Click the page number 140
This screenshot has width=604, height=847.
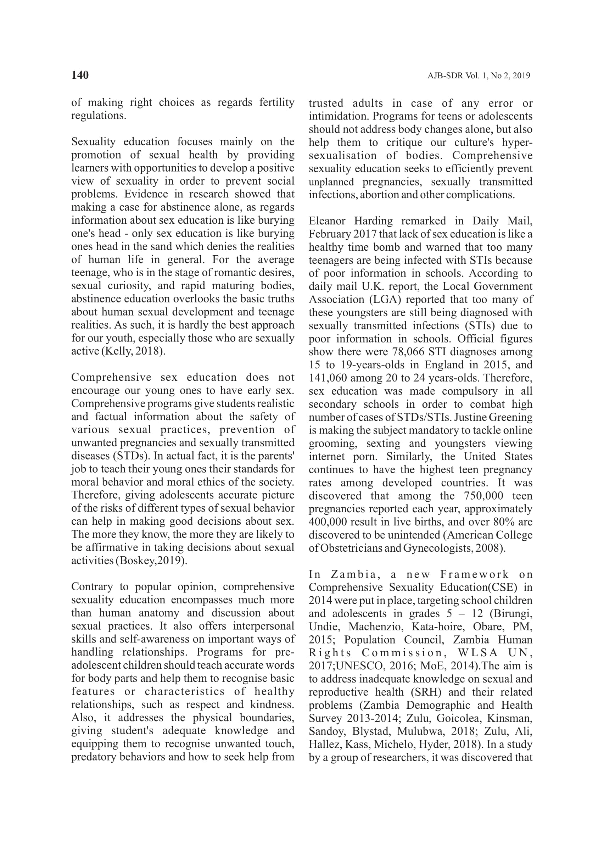[x=80, y=75]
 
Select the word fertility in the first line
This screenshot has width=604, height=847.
[x=277, y=102]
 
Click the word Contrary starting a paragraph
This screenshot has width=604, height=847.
[x=93, y=587]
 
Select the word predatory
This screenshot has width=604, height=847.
[x=94, y=757]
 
